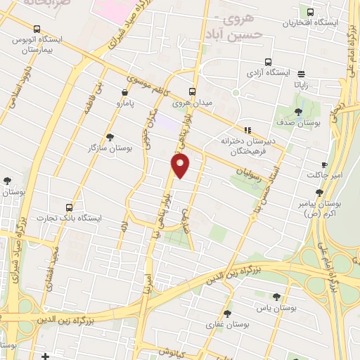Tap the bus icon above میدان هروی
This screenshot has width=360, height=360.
pyautogui.click(x=193, y=91)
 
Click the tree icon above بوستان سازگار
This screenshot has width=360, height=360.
pyautogui.click(x=109, y=137)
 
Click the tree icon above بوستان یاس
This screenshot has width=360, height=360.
pyautogui.click(x=276, y=297)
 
